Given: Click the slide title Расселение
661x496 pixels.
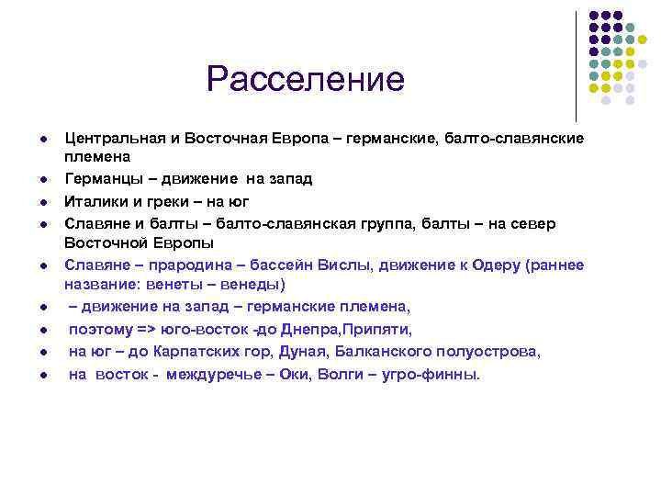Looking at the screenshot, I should click(305, 79).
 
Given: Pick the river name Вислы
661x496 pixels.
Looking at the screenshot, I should click(343, 265).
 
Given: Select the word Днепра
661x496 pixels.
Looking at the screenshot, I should click(316, 329).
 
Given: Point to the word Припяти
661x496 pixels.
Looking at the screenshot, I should click(377, 329).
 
